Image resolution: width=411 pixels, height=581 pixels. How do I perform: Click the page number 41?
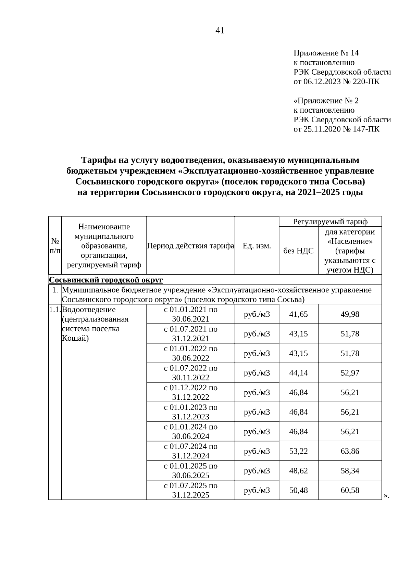coord(220,30)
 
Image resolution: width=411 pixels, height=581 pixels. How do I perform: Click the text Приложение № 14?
coord(326,53)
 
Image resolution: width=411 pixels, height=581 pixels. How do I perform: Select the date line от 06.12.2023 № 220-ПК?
coord(336,81)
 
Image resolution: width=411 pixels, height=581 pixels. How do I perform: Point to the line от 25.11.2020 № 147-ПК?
coord(336,129)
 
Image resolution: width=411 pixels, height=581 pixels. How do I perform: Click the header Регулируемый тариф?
coord(330,222)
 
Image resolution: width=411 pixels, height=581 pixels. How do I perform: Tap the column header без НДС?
coord(298,251)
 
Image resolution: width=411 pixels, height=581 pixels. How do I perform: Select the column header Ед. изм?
coord(257,245)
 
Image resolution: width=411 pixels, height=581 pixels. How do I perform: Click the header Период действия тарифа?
coord(191,245)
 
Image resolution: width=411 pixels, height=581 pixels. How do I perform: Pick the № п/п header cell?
coord(55,245)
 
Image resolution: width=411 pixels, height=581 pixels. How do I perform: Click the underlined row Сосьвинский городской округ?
coord(106,280)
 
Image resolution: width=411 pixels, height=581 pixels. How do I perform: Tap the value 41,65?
coord(298,314)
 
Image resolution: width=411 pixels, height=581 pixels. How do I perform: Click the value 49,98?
coord(350,314)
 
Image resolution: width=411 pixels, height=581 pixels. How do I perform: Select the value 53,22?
coord(298,451)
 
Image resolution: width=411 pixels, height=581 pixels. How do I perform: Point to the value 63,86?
coord(350,451)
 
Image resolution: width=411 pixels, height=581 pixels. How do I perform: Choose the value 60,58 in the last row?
coord(350,490)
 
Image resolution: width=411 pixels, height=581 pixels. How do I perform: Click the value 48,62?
coord(298,470)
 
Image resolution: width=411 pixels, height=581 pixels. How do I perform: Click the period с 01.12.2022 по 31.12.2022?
coord(191,392)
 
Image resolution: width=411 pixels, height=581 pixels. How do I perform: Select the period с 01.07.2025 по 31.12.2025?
coord(191,490)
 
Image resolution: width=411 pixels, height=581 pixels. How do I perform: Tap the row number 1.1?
coord(55,310)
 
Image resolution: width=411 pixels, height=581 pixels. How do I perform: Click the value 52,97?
coord(350,372)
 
